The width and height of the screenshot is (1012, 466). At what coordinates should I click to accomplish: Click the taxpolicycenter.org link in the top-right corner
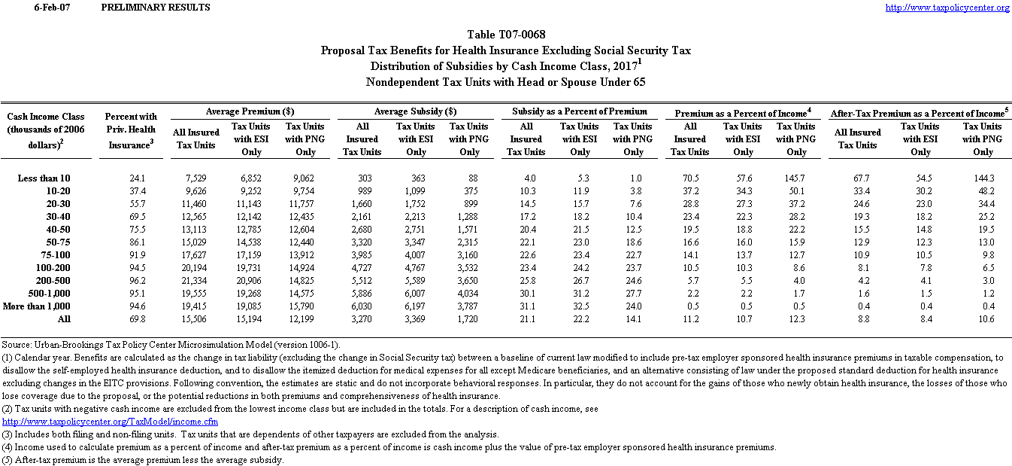pos(947,8)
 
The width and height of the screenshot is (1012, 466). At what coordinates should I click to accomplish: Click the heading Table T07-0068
pos(506,35)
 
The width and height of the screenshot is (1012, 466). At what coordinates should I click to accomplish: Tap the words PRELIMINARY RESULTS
pos(155,8)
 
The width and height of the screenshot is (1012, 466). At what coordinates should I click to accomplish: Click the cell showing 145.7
pos(794,178)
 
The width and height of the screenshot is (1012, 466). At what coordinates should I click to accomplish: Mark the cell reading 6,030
pos(361,306)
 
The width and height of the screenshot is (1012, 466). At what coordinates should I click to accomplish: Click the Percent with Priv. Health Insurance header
pos(131,130)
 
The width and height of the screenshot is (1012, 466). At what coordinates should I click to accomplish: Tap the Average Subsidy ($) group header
pos(416,111)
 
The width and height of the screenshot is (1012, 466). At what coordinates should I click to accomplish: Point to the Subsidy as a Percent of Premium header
pos(580,111)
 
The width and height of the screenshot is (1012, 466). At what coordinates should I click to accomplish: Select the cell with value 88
pos(472,178)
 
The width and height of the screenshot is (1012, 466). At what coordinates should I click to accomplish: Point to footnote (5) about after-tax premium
pos(142,460)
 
